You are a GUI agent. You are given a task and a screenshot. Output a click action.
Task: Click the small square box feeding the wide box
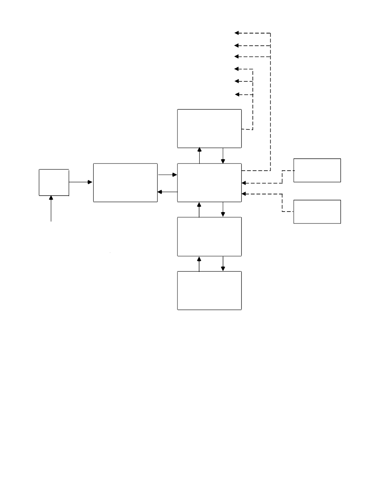[x=54, y=182]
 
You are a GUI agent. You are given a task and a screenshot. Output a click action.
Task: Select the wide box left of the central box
[x=125, y=182]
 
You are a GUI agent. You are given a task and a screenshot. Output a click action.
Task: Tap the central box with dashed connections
[x=209, y=182]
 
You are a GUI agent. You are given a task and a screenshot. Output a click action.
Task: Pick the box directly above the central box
[x=209, y=128]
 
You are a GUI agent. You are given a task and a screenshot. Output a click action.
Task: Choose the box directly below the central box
[x=209, y=236]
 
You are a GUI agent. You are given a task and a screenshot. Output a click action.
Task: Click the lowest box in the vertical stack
[x=209, y=290]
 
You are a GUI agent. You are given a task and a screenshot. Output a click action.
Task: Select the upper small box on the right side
[x=317, y=170]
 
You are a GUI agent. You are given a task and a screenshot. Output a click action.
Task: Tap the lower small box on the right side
[x=317, y=212]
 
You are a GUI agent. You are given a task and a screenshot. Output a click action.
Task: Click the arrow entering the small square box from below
[x=51, y=199]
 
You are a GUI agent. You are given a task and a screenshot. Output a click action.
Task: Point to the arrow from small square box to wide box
[x=90, y=182]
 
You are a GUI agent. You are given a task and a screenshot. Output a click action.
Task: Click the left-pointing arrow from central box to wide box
[x=160, y=192]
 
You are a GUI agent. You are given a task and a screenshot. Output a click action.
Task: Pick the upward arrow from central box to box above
[x=199, y=150]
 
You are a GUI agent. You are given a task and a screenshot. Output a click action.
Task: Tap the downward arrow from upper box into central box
[x=223, y=160]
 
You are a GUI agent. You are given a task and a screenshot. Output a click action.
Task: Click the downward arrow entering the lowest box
[x=223, y=268]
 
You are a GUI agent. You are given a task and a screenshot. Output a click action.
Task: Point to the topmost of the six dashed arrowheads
[x=237, y=33]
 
